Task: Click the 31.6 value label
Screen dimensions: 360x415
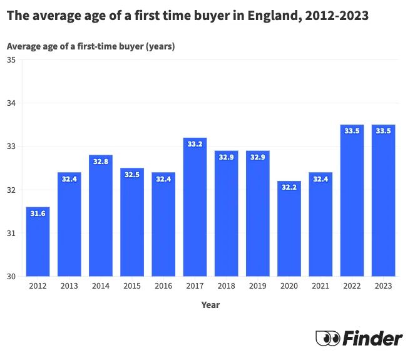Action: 38,213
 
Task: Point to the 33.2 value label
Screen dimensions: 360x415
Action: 195,143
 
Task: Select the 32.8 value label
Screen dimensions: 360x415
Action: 101,161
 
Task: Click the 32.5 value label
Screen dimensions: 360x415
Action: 132,174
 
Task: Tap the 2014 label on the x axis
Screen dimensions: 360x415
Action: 101,286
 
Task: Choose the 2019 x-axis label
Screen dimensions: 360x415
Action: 257,286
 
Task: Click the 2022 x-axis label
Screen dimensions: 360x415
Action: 352,286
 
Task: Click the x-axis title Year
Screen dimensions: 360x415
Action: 210,305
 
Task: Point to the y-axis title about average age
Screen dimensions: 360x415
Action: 91,46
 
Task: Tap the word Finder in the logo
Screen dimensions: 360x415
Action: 373,338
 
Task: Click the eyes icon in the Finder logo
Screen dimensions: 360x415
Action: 327,338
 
